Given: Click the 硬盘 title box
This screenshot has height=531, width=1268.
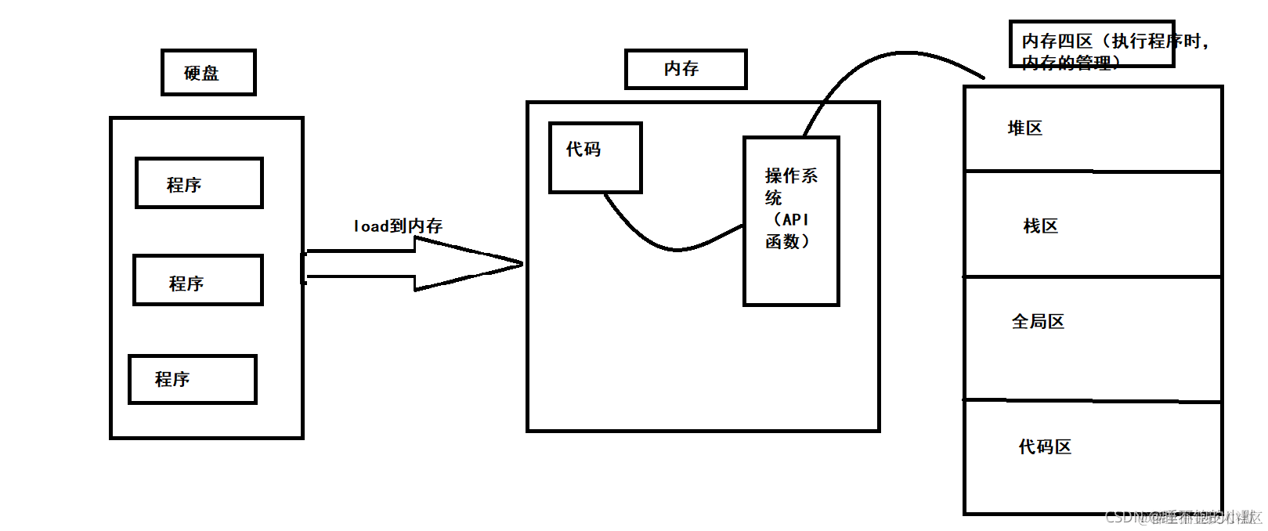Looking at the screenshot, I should point(208,73).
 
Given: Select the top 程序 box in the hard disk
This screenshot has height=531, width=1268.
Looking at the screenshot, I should point(199,183).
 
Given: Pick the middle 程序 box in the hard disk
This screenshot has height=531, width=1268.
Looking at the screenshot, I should point(198,280).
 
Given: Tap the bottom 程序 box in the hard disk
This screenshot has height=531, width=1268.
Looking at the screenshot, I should point(193,379).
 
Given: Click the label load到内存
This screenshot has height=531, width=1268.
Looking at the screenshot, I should point(398,226).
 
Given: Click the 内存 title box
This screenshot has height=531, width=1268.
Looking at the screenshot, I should point(685,69).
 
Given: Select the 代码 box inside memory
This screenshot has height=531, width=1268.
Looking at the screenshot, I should point(595,157).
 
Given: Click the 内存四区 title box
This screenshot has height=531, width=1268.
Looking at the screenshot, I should point(1091,44).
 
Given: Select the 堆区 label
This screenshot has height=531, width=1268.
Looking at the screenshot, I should point(1024,128).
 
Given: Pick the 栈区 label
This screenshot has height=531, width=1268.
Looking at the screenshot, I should point(1040,226).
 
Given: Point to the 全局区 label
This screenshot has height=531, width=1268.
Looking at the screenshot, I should point(1038,322).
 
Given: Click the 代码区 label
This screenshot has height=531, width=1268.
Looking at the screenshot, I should point(1045,447).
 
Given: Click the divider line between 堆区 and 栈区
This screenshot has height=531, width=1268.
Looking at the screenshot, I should point(1093,171).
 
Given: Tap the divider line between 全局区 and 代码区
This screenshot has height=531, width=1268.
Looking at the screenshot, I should point(1093,401).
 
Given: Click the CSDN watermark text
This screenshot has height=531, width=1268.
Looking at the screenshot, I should point(1183,517).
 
